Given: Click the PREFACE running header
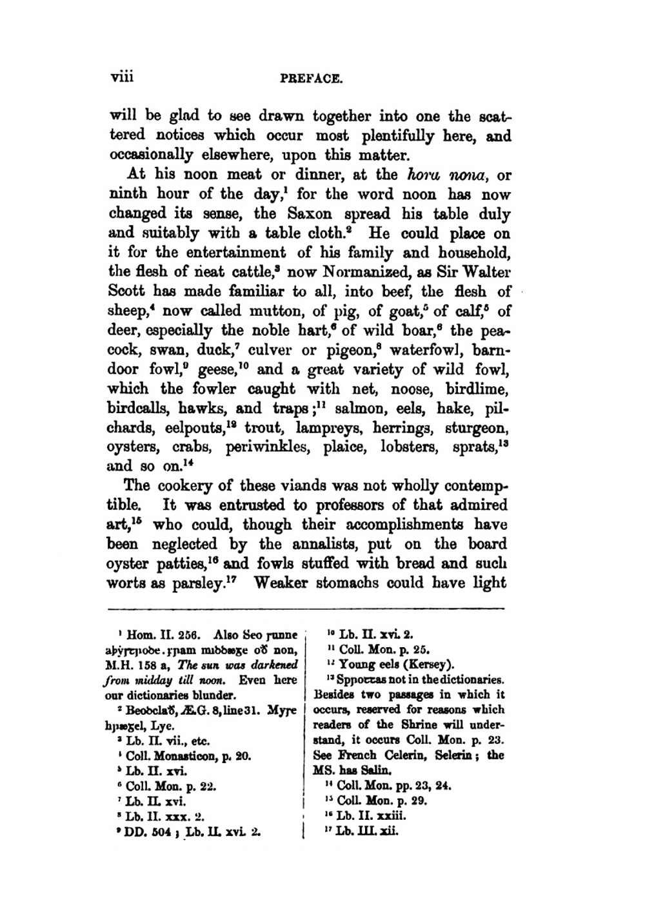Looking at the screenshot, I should [311, 79].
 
